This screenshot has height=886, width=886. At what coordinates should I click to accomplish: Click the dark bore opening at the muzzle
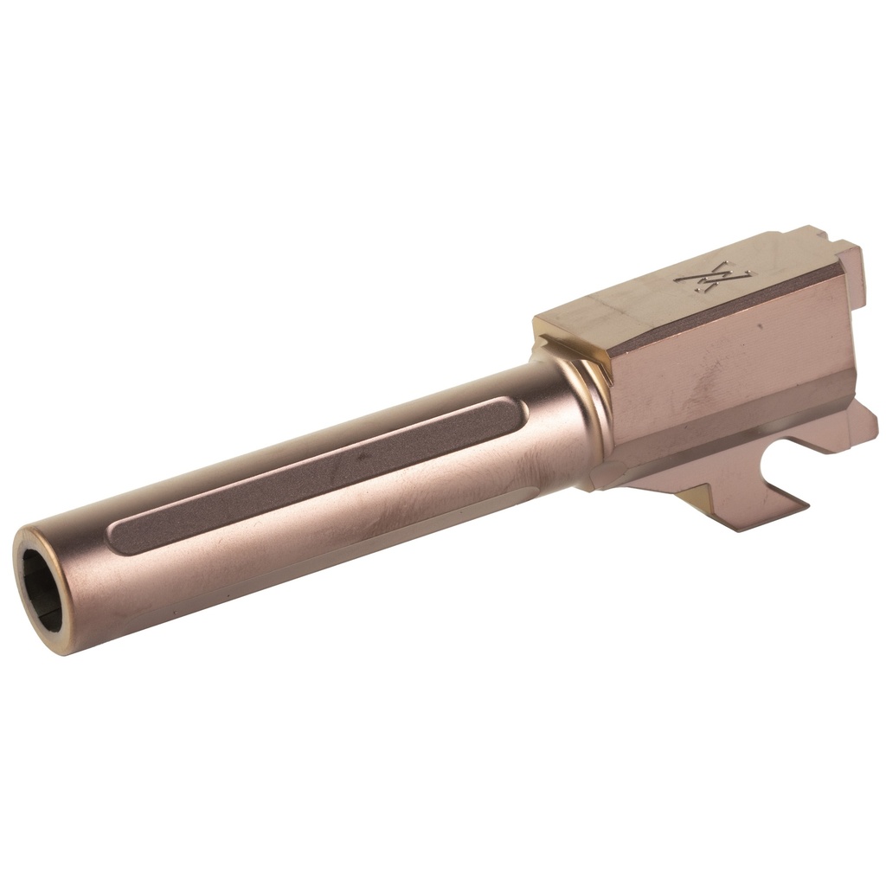(x=41, y=587)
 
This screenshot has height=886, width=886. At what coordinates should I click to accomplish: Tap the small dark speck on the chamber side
(x=760, y=328)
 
